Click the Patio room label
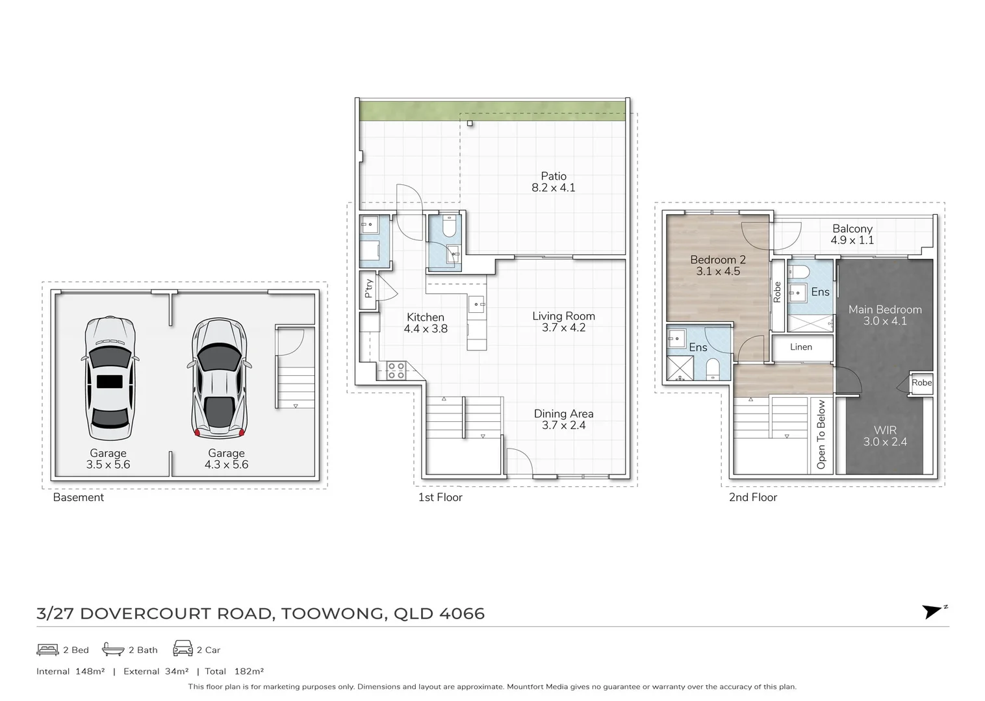point(554,182)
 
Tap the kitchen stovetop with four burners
point(396,371)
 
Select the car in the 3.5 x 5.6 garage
point(110,379)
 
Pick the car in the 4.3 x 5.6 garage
point(218,379)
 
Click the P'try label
point(368,288)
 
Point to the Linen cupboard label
point(800,347)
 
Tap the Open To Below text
point(821,434)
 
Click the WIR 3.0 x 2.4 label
point(884,436)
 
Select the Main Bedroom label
point(884,315)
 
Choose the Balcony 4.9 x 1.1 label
point(852,234)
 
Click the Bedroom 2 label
point(717,265)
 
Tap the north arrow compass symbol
point(934,611)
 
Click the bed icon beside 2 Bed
point(47,649)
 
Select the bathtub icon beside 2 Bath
point(113,649)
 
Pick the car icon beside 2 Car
point(183,649)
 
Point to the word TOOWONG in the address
point(333,614)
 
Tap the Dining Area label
point(563,419)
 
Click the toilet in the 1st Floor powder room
point(449,227)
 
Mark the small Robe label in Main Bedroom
point(921,383)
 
